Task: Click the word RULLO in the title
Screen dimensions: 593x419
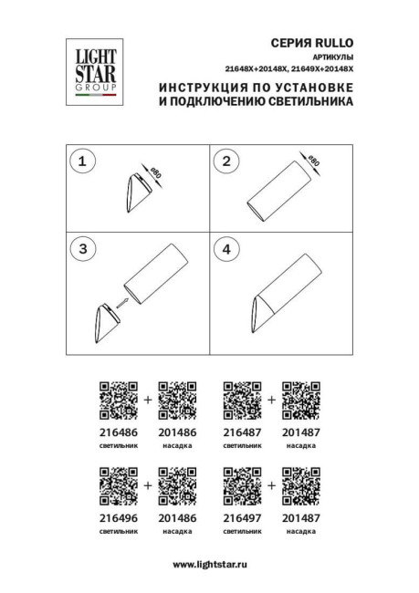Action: (331, 43)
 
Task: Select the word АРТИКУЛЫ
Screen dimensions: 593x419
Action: (326, 57)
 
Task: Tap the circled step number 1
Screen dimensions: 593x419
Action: (82, 161)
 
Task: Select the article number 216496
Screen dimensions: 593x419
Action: (118, 517)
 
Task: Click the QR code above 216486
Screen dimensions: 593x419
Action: (118, 399)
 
